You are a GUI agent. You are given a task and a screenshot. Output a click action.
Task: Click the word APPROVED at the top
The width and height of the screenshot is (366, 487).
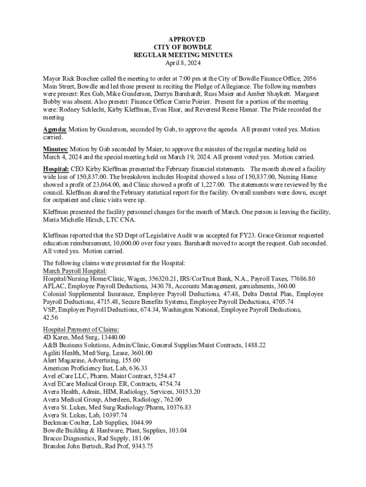[x=183, y=39]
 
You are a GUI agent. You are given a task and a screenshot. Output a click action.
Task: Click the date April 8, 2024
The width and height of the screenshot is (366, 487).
[x=183, y=63]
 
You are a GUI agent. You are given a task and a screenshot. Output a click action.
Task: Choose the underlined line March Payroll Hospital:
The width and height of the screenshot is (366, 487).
[x=75, y=271]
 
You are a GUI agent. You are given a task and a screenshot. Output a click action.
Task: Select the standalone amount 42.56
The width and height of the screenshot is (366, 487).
[x=51, y=317]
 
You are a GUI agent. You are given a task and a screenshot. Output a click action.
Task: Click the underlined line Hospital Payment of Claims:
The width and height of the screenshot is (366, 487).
[x=81, y=330]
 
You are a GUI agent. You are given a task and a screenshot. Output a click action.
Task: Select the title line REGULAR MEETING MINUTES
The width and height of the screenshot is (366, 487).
[x=183, y=55]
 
